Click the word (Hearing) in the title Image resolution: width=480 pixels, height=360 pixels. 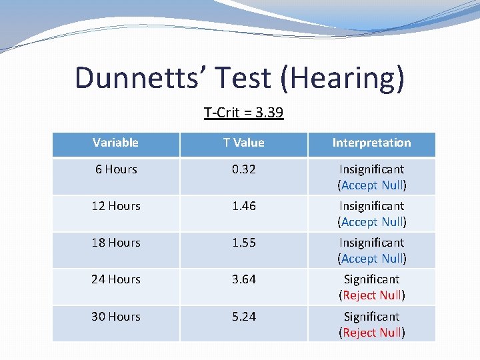(342, 78)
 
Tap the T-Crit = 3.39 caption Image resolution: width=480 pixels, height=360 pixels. (243, 112)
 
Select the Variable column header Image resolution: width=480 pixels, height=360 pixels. (115, 143)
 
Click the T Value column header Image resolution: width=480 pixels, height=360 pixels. (243, 143)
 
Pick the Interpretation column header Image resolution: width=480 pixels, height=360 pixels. (371, 143)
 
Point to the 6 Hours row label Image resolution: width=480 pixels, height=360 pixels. (116, 169)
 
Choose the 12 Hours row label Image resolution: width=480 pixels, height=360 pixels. (116, 206)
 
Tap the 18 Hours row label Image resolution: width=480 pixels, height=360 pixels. (116, 243)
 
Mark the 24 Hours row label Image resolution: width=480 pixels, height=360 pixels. (116, 279)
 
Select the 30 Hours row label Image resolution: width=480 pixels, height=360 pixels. (116, 316)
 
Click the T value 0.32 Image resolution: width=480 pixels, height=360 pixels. (243, 169)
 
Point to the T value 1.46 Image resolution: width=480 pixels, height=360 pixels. (243, 206)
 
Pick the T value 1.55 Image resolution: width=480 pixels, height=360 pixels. (243, 243)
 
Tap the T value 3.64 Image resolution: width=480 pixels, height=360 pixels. (243, 279)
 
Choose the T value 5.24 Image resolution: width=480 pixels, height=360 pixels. (243, 316)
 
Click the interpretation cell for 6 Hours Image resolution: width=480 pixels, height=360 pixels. (371, 177)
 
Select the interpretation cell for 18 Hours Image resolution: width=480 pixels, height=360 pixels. (371, 251)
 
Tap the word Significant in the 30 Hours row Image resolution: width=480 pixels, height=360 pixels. (371, 317)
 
